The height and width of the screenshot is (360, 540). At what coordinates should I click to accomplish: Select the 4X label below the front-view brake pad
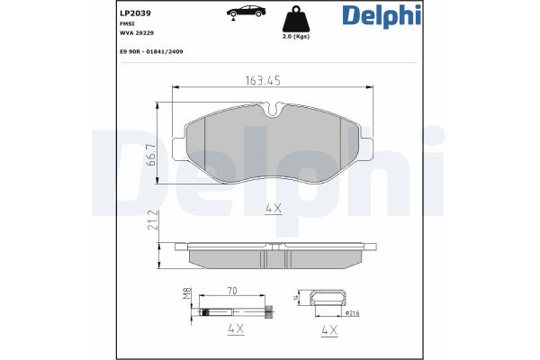point(274,208)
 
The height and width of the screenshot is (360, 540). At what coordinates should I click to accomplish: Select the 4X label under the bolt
point(236,330)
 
